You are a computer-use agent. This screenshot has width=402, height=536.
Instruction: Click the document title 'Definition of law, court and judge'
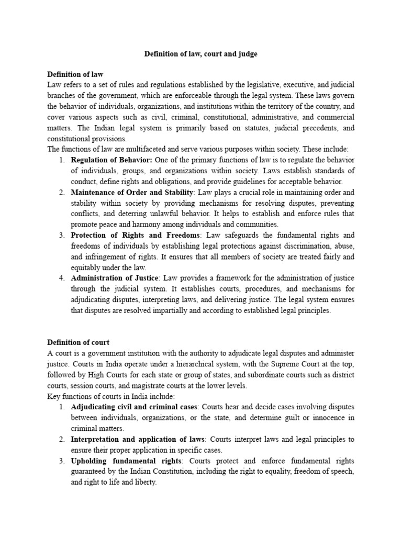[x=201, y=54]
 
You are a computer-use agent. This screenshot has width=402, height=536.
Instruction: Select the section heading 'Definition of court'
[x=79, y=342]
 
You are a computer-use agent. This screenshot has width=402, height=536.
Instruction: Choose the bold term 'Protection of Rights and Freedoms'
[x=136, y=235]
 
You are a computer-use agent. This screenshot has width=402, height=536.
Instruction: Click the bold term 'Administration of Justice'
[x=114, y=278]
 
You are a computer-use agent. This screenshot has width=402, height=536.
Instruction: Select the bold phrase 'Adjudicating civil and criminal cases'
[x=134, y=406]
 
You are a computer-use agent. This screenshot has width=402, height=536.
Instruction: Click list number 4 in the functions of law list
[x=61, y=278]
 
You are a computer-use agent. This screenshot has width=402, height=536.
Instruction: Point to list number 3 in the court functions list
[x=61, y=461]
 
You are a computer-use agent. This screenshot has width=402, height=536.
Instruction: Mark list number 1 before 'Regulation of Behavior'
[x=61, y=160]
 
